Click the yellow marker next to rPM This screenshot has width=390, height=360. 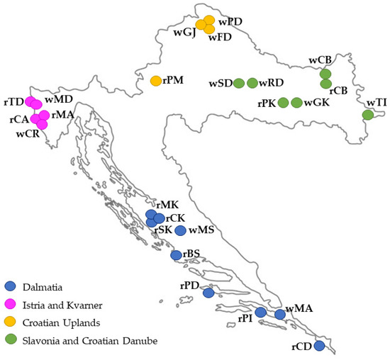156,81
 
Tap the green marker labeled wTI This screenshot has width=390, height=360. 367,115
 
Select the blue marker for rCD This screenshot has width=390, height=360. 319,346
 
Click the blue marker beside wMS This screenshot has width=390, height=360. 180,230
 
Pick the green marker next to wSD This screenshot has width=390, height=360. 239,84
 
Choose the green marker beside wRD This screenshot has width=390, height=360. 252,84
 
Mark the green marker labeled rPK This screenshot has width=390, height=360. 284,103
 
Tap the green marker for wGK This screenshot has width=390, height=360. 296,103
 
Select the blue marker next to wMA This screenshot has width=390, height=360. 279,314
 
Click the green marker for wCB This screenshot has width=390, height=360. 325,74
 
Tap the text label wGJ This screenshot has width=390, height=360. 184,33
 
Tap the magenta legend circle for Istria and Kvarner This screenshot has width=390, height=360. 10,305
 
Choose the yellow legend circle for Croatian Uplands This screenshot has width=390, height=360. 10,322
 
